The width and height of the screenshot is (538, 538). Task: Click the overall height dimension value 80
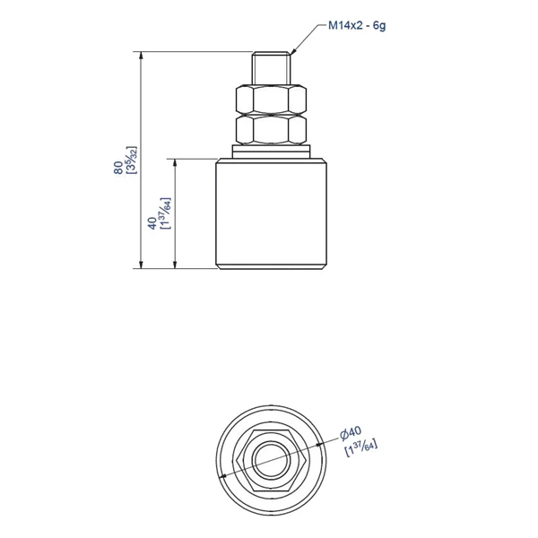(117, 168)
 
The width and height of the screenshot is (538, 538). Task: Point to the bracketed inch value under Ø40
(361, 447)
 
